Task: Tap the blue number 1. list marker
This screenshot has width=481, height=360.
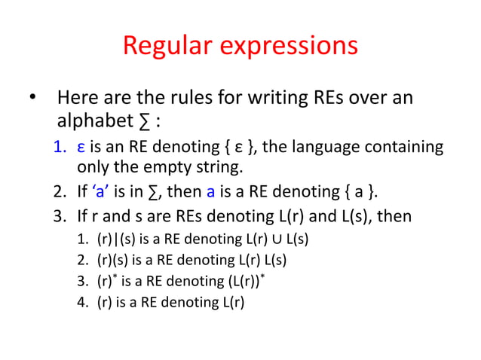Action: click(60, 146)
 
